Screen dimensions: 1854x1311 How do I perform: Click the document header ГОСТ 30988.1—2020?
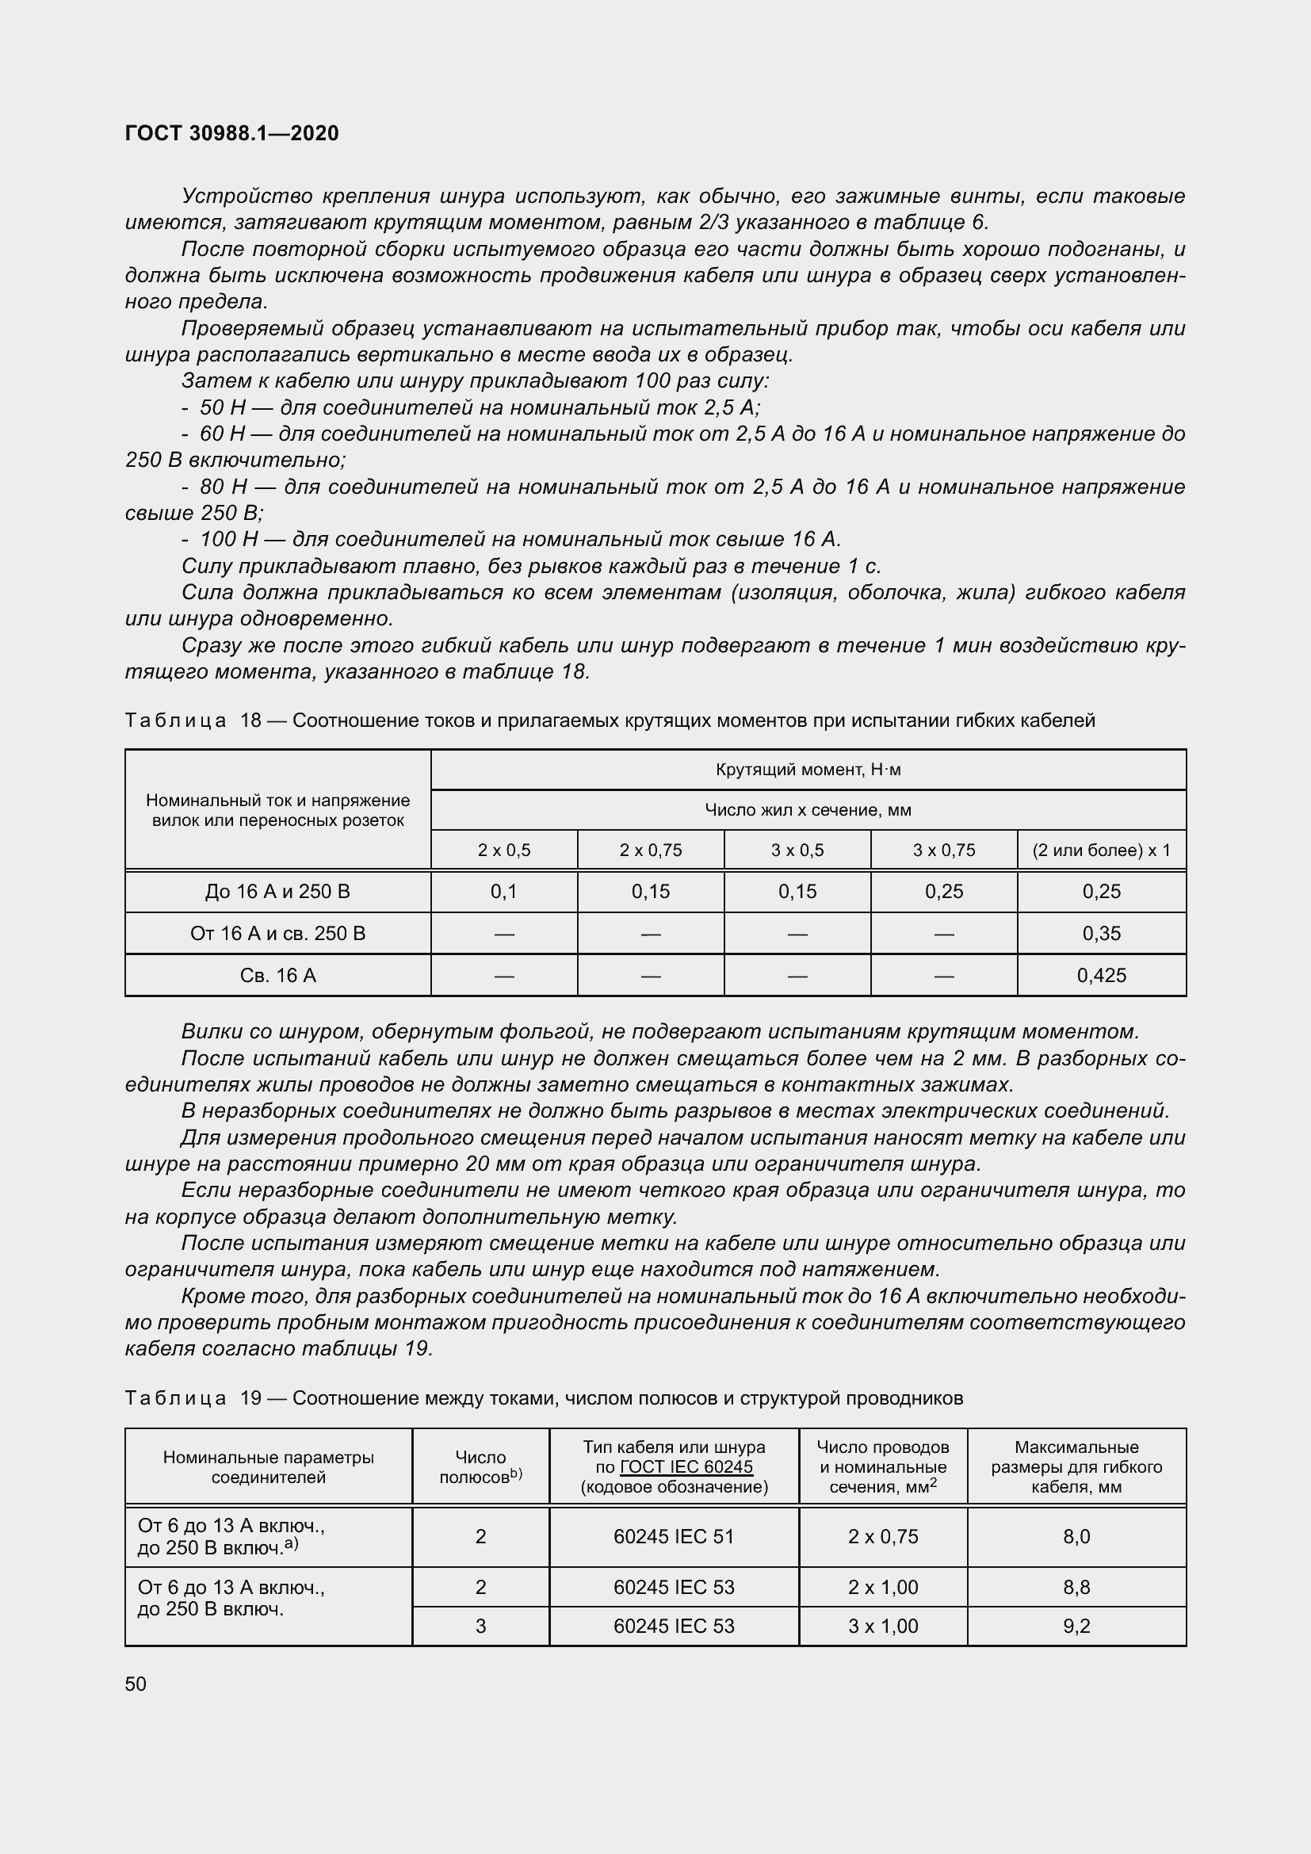coord(231,133)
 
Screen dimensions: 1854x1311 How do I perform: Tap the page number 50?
coord(136,1684)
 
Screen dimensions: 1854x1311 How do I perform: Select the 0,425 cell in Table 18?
coord(1101,976)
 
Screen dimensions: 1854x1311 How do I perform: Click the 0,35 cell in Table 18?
coord(1101,934)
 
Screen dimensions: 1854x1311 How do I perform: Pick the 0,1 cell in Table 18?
coord(504,892)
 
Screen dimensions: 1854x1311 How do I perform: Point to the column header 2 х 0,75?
coord(651,851)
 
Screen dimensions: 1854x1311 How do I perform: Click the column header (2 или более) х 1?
coord(1101,851)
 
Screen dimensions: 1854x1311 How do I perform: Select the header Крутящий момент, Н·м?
coord(808,770)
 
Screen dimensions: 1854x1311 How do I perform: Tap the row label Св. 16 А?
coord(277,976)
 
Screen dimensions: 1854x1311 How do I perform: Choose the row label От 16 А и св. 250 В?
coord(277,934)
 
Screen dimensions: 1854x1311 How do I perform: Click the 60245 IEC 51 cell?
coord(674,1536)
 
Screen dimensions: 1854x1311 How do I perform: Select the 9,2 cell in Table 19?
coord(1076,1626)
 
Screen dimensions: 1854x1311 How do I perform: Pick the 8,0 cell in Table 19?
coord(1076,1536)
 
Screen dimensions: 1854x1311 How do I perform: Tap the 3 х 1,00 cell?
coord(882,1626)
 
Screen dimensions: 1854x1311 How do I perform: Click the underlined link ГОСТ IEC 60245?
coord(686,1466)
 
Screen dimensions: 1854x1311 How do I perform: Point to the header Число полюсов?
coord(480,1466)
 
